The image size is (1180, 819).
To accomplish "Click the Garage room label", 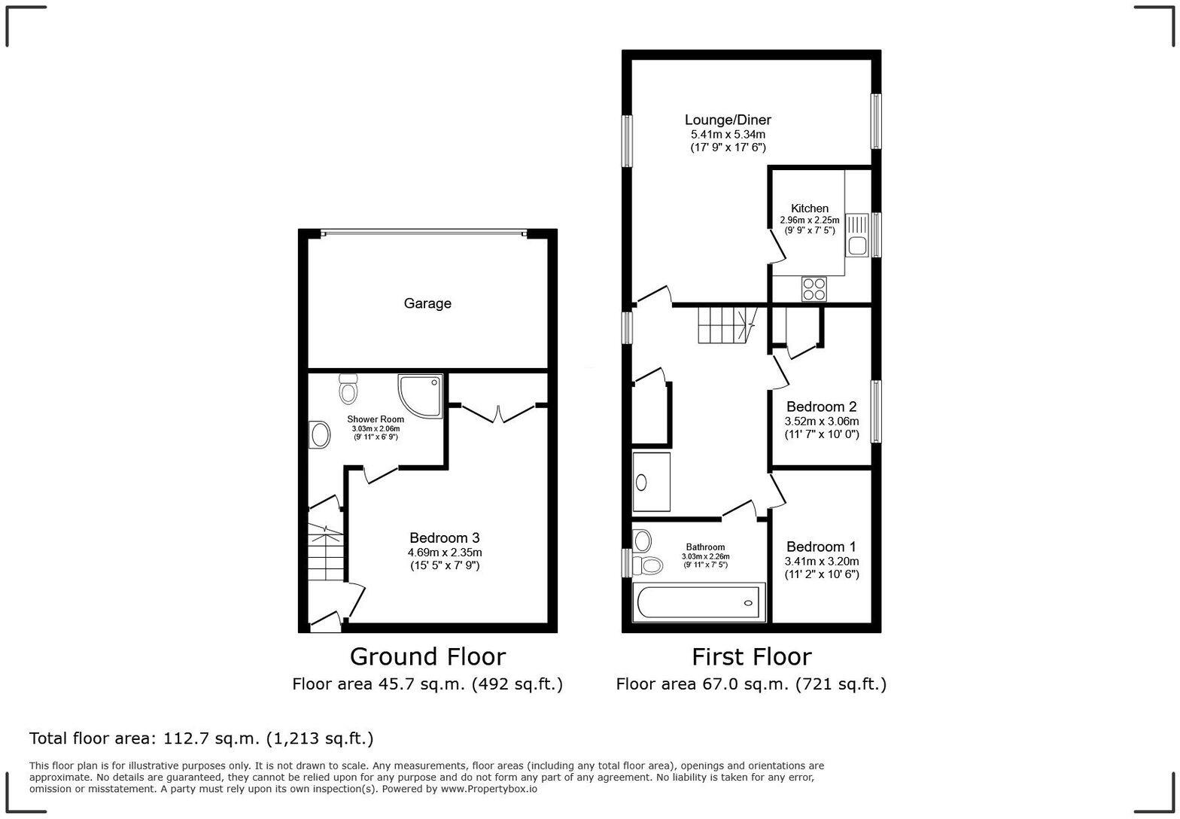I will pos(427,303).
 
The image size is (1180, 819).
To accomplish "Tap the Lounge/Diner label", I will pos(728,120).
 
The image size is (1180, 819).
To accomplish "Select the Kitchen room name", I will pos(809,209).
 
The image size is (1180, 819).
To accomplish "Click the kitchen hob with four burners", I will pos(814,289).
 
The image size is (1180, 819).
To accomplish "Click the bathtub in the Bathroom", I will pos(699,602).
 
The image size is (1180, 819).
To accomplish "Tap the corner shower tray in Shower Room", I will pos(418,394).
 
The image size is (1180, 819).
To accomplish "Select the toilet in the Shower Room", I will pos(348,388).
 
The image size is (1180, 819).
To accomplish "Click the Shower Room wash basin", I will pos(320,435).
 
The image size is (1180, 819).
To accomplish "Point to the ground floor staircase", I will pos(325,553).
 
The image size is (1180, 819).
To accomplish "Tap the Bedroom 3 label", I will pos(444,537).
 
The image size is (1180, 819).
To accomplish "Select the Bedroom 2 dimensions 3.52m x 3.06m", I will pos(821,422).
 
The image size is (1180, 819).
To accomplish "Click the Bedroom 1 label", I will pos(821,547).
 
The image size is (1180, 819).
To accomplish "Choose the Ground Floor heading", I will pos(427,656).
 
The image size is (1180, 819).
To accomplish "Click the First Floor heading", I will pos(751,656).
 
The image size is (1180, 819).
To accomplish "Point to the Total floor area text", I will pos(201,738).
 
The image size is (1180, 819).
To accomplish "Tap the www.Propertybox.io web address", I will pos(488,789).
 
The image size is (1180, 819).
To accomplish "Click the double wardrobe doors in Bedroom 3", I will pos(498,413).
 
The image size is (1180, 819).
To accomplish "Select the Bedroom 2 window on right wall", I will pos(876,411).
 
